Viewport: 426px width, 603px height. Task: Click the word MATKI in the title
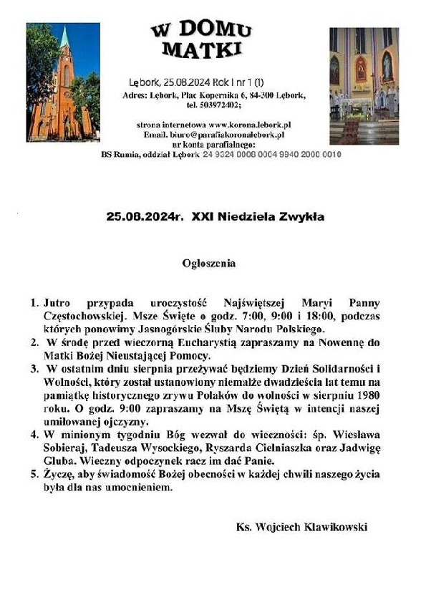[202, 49]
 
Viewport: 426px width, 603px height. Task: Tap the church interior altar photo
[364, 85]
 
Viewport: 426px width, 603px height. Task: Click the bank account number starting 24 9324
[272, 154]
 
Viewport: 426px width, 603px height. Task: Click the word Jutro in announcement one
[57, 304]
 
